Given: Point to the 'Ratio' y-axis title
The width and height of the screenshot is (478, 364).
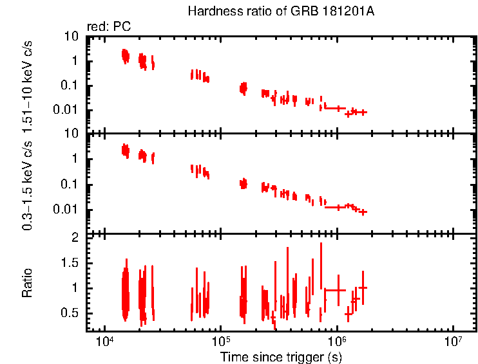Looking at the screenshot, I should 27,284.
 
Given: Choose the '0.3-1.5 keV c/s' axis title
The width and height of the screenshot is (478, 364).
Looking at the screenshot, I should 27,187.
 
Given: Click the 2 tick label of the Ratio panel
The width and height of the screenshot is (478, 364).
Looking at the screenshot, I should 75,238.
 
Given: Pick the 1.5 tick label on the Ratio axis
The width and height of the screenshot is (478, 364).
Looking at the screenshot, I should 70,263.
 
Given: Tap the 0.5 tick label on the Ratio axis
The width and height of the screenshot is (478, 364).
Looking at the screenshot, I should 70,313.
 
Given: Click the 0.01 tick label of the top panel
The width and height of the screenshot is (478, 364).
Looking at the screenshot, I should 68,110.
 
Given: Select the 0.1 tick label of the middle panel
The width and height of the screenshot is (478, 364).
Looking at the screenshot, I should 70,185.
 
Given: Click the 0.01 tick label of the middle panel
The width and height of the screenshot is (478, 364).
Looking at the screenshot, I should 68,210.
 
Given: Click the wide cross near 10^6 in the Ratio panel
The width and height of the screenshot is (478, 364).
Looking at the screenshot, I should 336,290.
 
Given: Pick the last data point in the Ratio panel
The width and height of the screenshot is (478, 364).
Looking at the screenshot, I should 363,287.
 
